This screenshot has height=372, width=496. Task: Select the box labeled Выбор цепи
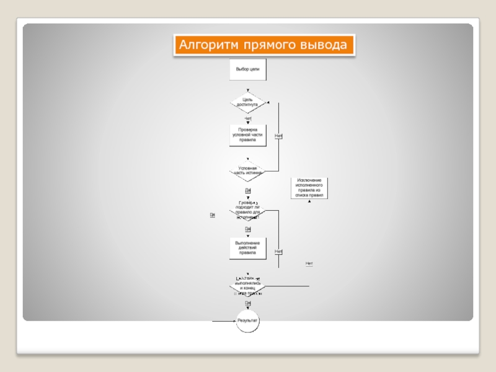[x=248, y=69]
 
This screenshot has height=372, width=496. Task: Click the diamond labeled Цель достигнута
[x=247, y=102]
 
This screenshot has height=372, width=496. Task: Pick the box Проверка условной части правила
[x=247, y=135]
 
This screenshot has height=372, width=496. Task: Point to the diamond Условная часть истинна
[x=247, y=170]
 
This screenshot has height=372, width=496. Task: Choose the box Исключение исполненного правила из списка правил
[x=309, y=188]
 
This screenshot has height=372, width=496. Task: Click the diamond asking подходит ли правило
[x=247, y=210]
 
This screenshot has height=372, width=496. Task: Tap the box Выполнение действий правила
[x=247, y=247]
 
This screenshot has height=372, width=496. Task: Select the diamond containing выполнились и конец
[x=247, y=286]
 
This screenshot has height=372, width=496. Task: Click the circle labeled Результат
[x=247, y=321]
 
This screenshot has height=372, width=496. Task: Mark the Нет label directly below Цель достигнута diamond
[x=248, y=118]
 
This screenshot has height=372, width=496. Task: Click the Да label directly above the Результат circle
[x=248, y=303]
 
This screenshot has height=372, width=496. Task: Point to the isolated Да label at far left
[x=212, y=215]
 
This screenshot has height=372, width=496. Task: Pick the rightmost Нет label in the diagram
[x=309, y=263]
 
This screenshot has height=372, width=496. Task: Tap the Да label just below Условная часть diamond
[x=248, y=190]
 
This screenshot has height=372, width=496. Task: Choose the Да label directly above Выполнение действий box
[x=248, y=229]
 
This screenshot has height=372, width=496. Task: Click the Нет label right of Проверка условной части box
[x=278, y=136]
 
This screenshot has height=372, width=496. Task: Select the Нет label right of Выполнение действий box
[x=278, y=251]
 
